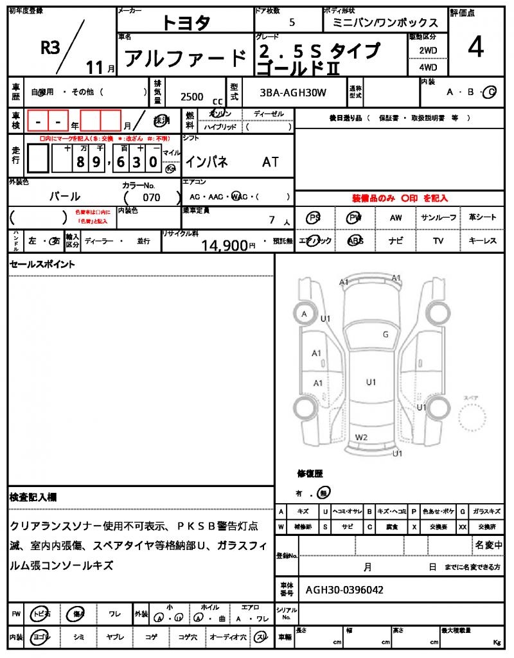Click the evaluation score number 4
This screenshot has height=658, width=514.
click(x=476, y=48)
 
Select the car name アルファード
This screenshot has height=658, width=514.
click(x=185, y=58)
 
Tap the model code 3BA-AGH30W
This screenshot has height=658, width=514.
click(x=293, y=93)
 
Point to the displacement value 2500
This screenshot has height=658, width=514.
click(x=192, y=96)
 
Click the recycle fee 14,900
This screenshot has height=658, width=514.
click(x=224, y=244)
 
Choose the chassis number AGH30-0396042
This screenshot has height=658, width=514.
click(x=345, y=589)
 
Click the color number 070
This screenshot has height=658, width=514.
click(x=152, y=197)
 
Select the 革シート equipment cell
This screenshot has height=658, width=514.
click(x=483, y=217)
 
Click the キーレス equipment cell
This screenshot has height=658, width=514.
click(x=483, y=240)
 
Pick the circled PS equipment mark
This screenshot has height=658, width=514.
click(x=314, y=218)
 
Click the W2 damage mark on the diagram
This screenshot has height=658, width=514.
click(x=362, y=438)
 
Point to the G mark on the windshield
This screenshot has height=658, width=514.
click(x=385, y=334)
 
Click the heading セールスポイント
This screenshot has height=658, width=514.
click(x=42, y=264)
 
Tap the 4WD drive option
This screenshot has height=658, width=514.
click(x=428, y=67)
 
